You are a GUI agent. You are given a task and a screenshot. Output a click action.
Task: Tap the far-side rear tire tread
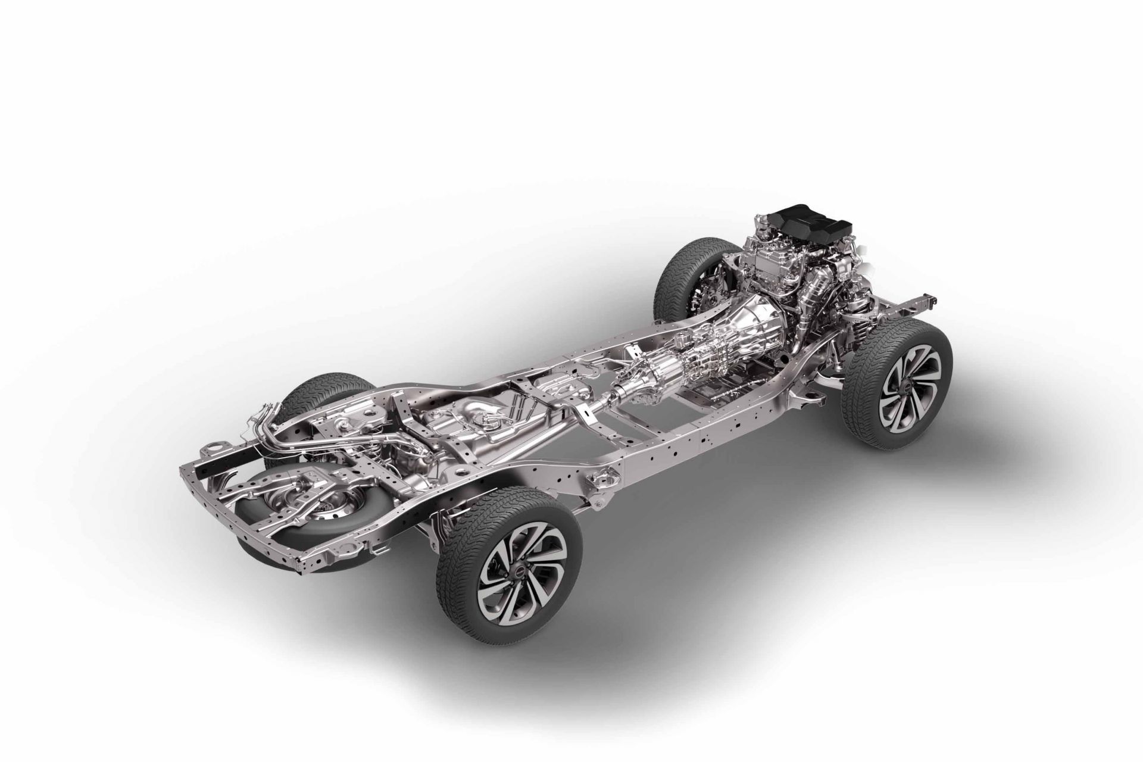tap(310, 393)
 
